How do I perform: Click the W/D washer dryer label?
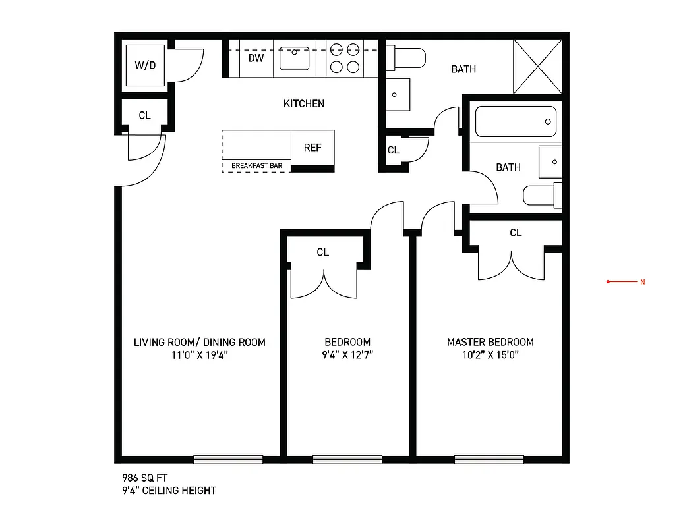[x=145, y=65]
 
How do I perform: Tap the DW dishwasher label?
[x=256, y=58]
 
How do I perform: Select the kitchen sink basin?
[x=295, y=58]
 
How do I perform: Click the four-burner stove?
[x=345, y=57]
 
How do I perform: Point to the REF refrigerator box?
[x=312, y=148]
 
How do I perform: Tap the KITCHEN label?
[x=303, y=103]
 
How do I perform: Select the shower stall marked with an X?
[x=538, y=66]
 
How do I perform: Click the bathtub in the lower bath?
[x=516, y=122]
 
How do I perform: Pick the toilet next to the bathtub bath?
[x=543, y=196]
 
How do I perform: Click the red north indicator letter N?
[x=642, y=282]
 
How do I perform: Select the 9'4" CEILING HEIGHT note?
[x=169, y=491]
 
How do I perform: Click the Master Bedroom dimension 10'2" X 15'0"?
[x=490, y=356]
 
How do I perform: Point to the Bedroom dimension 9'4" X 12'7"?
[x=347, y=356]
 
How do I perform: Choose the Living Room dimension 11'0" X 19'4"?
[x=199, y=356]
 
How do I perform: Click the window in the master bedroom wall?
[x=489, y=460]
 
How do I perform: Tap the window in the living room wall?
[x=228, y=460]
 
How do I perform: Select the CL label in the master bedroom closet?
[x=516, y=233]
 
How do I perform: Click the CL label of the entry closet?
[x=144, y=115]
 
